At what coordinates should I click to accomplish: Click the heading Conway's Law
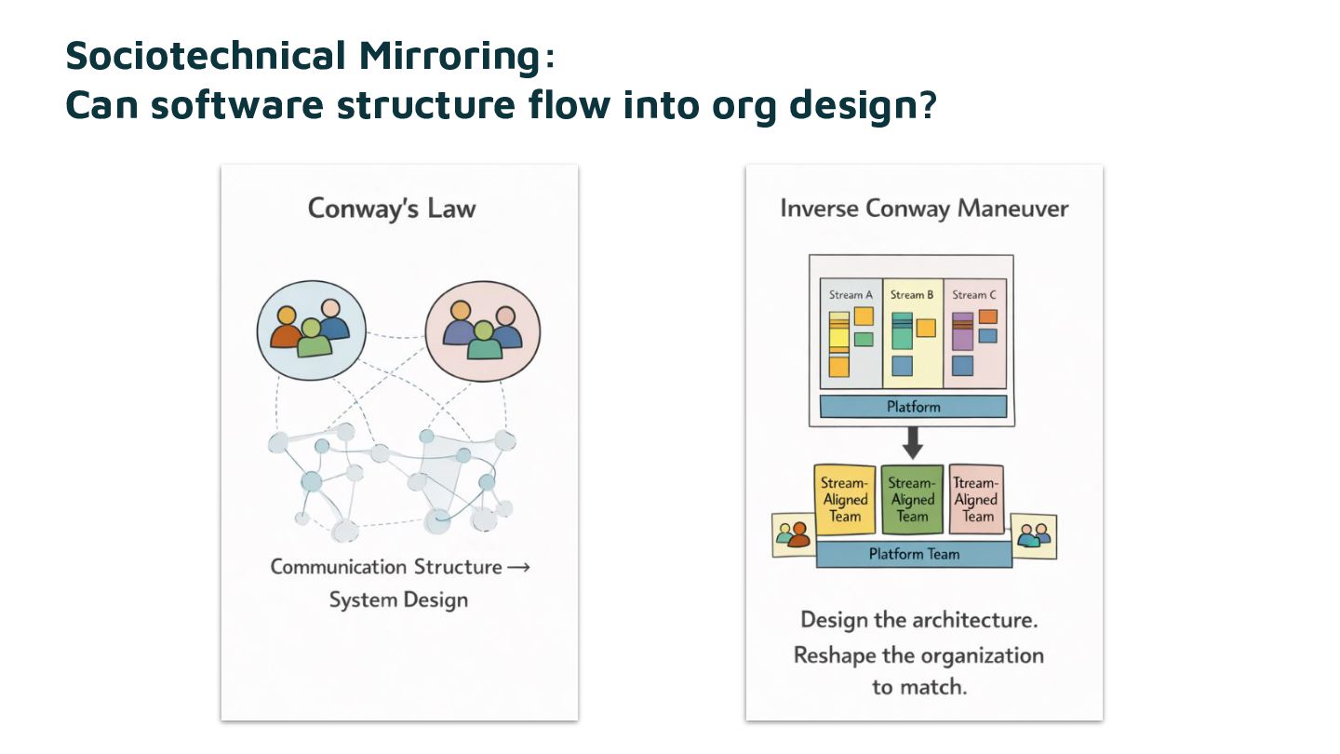click(x=392, y=208)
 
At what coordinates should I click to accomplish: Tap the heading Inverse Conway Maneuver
click(x=924, y=208)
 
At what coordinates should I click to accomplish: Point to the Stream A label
click(x=851, y=295)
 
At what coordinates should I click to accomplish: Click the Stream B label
click(x=912, y=295)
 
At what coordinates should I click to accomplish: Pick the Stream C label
click(x=974, y=295)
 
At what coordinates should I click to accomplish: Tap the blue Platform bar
click(x=913, y=407)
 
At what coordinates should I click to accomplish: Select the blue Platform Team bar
click(x=914, y=554)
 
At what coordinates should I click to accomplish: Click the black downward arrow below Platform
click(x=913, y=443)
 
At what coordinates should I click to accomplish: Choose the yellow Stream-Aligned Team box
click(x=845, y=500)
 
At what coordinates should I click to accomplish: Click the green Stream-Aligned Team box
click(x=912, y=500)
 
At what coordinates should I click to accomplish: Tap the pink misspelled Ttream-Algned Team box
click(x=977, y=500)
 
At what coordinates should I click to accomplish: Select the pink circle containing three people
click(x=482, y=330)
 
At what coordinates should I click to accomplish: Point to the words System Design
click(x=398, y=600)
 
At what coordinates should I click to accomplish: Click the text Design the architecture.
click(x=918, y=620)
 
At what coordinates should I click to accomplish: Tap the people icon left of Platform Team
click(x=794, y=535)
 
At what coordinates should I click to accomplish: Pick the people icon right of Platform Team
click(x=1034, y=535)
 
